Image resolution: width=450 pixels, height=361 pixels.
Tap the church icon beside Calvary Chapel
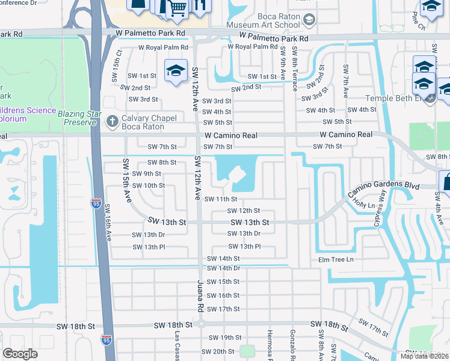click(x=111, y=121)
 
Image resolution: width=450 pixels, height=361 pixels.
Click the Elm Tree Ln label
click(x=336, y=260)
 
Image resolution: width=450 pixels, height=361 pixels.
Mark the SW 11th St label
click(x=221, y=199)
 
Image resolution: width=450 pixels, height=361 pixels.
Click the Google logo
click(x=20, y=354)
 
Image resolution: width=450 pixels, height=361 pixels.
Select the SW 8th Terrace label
click(x=294, y=69)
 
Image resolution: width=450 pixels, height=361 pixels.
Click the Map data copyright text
click(x=425, y=356)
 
